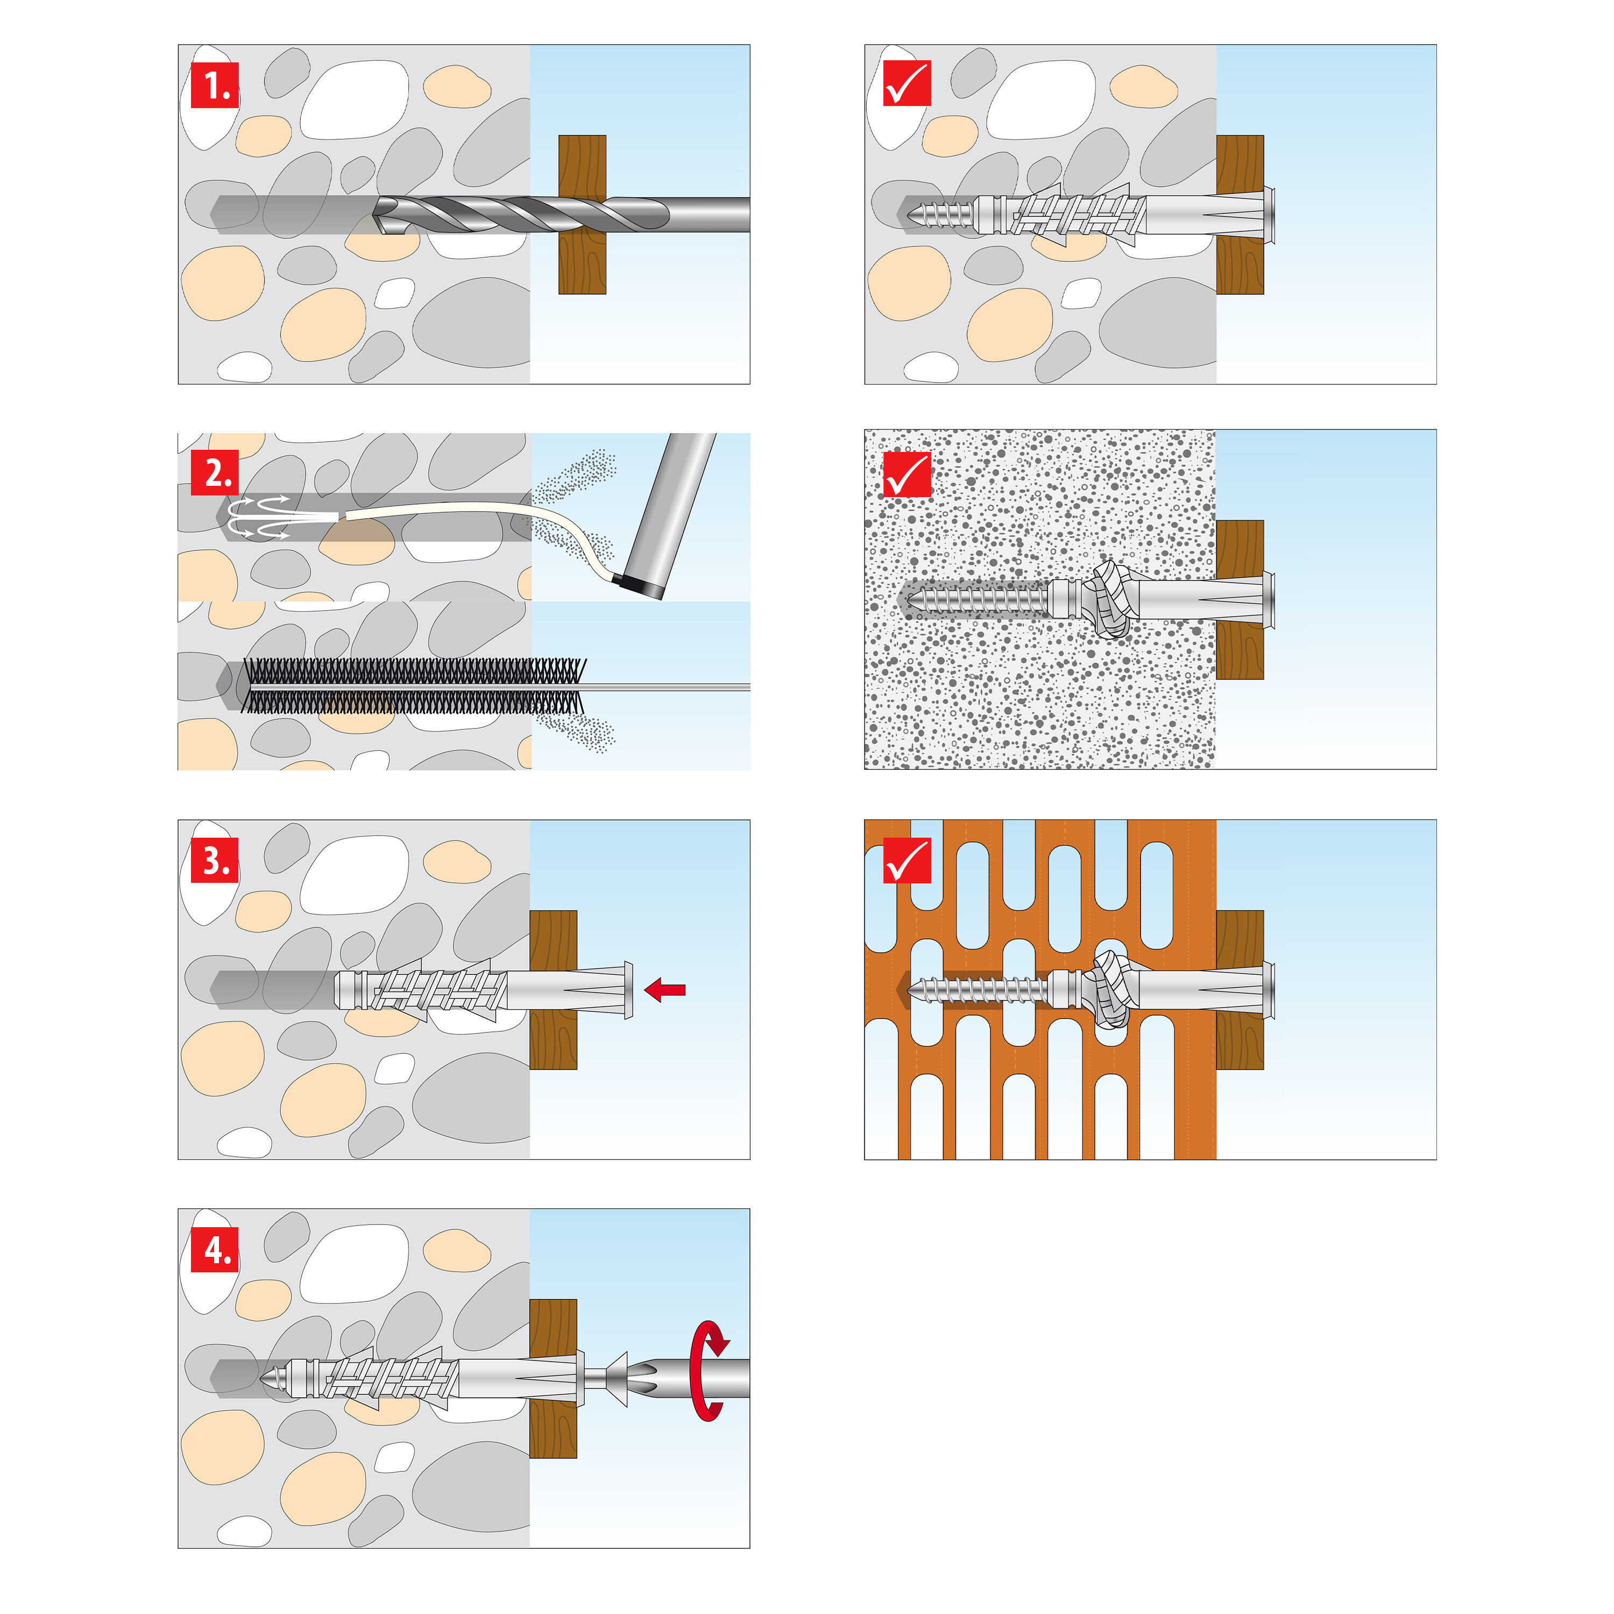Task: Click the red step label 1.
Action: pyautogui.click(x=215, y=84)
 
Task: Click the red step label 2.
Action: pyautogui.click(x=215, y=473)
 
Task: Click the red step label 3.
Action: pyautogui.click(x=215, y=860)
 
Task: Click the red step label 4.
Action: pyautogui.click(x=215, y=1250)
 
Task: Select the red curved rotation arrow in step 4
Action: pyautogui.click(x=707, y=1370)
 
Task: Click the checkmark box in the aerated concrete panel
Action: pyautogui.click(x=907, y=475)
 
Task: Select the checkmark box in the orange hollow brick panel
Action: pyautogui.click(x=907, y=860)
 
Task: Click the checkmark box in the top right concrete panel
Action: pyautogui.click(x=907, y=84)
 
